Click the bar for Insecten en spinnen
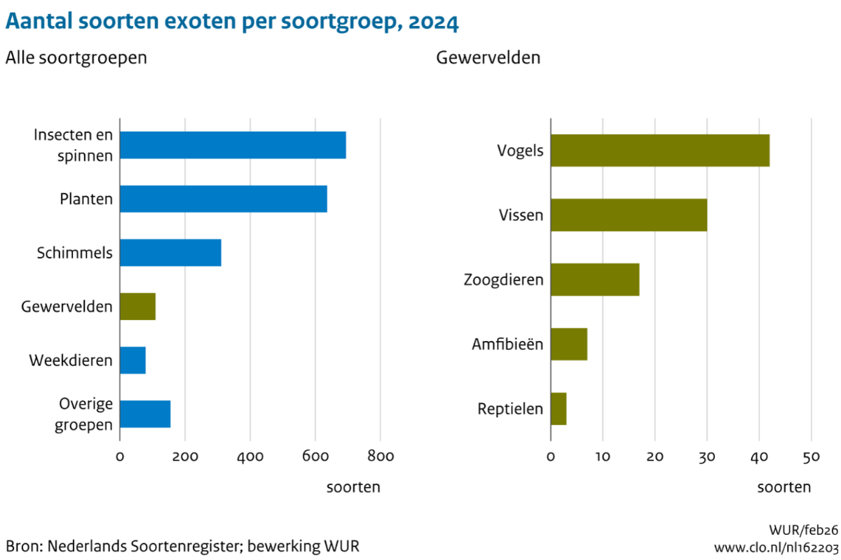coord(233,145)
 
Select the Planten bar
coord(223,199)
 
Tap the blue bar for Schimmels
coord(170,253)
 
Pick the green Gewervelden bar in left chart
coord(137,307)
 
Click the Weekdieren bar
coord(132,360)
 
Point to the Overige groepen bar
coord(145,414)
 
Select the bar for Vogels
coord(659,150)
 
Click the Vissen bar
coord(629,215)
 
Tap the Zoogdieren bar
coord(595,279)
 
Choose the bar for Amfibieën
coord(569,344)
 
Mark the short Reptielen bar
coord(559,409)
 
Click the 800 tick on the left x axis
coord(381,457)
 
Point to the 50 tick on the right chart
coord(811,457)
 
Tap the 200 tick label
coord(185,457)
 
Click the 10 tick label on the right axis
coord(603,457)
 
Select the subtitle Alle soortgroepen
coord(76,58)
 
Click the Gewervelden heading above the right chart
coord(488,58)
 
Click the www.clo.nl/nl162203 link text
coord(776,546)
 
